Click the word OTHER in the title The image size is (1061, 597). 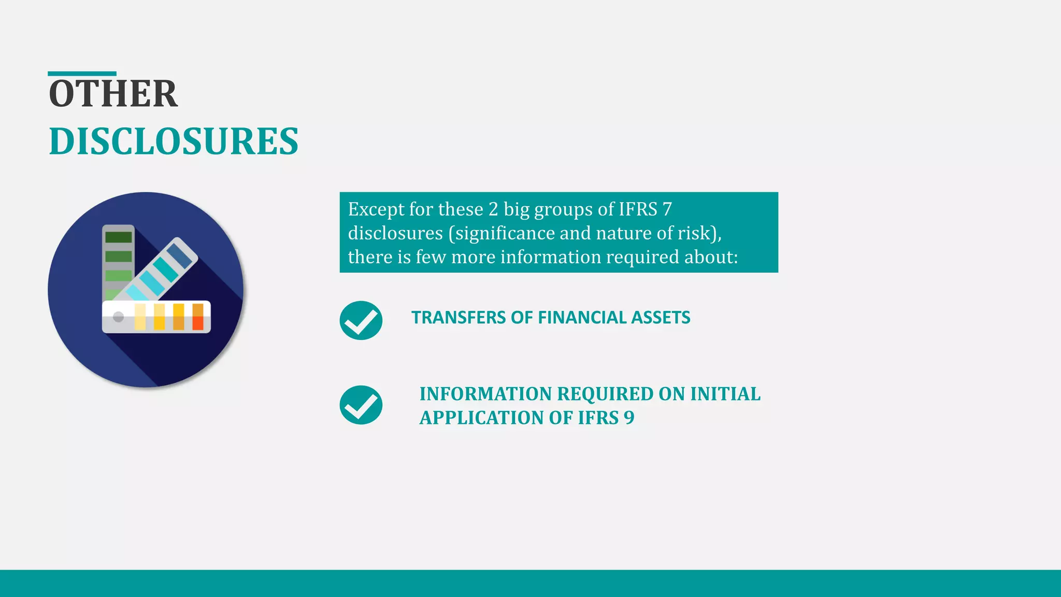113,94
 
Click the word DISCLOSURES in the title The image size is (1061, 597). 174,141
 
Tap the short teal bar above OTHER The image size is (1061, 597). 82,74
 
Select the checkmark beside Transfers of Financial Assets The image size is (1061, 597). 361,320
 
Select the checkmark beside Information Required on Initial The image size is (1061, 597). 361,405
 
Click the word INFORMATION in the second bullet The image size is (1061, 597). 485,394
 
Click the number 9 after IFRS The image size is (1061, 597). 629,418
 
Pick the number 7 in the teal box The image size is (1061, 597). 667,209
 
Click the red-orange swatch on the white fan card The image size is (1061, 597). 198,317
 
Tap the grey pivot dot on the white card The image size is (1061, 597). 118,317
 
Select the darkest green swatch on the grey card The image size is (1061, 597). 119,237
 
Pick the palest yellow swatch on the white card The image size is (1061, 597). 140,317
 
